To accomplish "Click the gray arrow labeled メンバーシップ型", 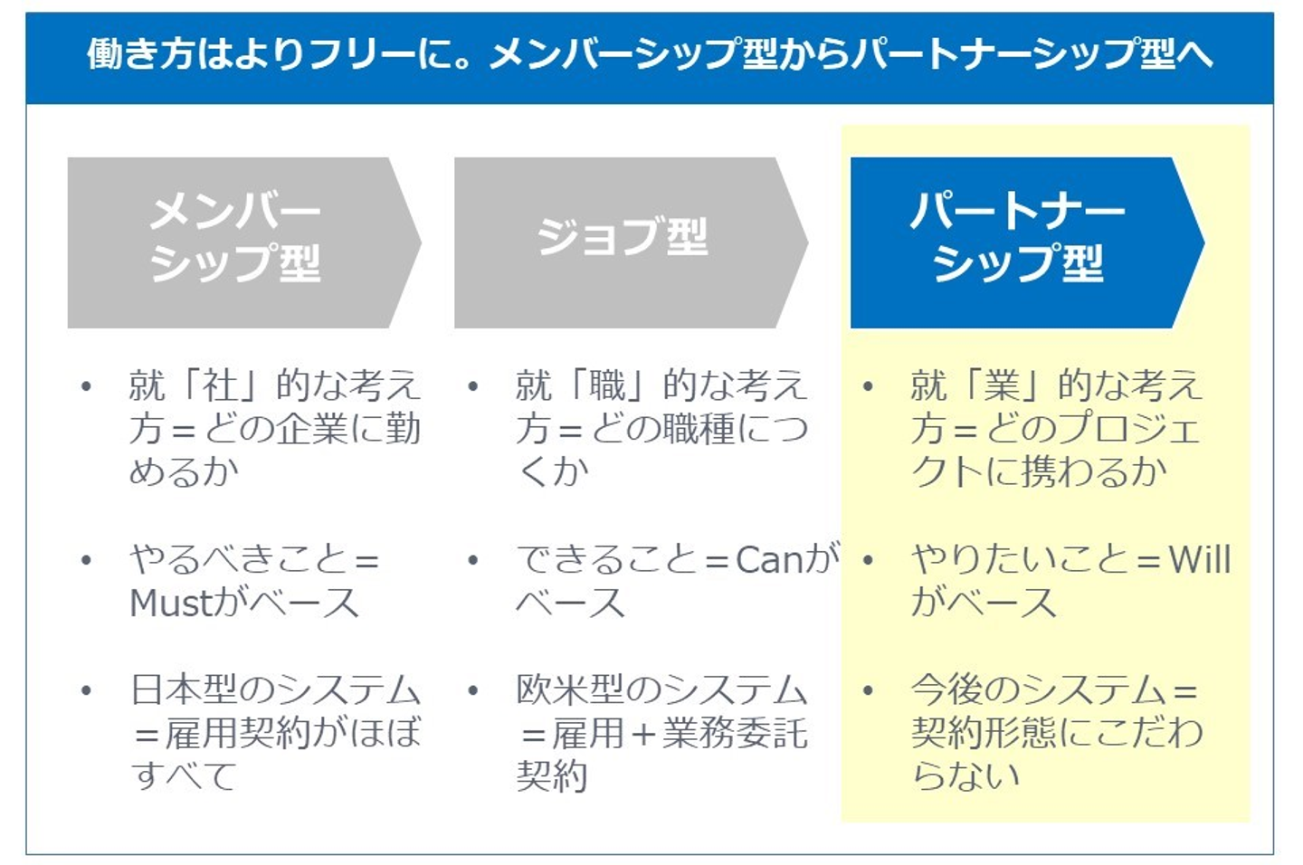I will (x=235, y=241).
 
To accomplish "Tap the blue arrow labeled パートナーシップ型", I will (x=1018, y=241).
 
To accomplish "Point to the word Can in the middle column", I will (x=769, y=560).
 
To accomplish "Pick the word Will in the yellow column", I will (x=1200, y=560).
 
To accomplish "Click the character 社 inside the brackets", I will (x=221, y=386).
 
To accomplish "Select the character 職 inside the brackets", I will (x=607, y=386).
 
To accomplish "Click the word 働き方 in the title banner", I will (x=141, y=54).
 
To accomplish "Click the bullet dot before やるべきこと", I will (x=86, y=561).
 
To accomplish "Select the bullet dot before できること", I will (x=472, y=561).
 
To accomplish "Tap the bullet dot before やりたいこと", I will (x=868, y=561).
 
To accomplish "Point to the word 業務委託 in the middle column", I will (x=734, y=734).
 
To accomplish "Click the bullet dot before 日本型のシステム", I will (x=86, y=691).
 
